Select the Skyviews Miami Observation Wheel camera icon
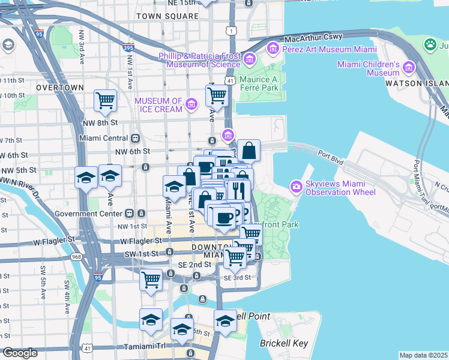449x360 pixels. (297, 187)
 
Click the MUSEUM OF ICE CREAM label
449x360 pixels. (158, 105)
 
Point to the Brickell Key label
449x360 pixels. (283, 344)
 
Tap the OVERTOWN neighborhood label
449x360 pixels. (60, 88)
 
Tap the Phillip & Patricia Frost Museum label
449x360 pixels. (200, 59)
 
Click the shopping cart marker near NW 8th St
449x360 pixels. (106, 100)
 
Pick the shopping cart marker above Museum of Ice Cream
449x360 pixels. (217, 95)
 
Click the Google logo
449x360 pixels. (20, 353)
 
